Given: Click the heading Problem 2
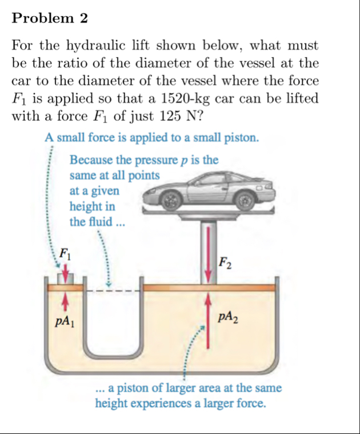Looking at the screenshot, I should pos(50,18).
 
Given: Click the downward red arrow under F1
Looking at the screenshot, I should pos(67,275).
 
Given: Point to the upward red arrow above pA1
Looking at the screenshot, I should pos(67,300).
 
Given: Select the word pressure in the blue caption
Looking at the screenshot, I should pos(153,160).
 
